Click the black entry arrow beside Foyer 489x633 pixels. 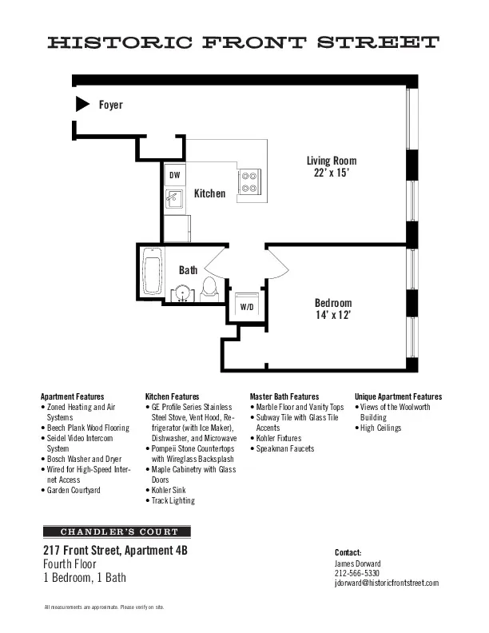click(81, 104)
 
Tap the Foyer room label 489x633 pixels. click(110, 105)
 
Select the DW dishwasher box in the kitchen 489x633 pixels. click(175, 175)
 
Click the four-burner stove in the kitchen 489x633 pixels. click(250, 181)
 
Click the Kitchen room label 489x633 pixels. click(209, 193)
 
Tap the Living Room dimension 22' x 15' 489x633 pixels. click(332, 172)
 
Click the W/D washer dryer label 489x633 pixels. click(247, 307)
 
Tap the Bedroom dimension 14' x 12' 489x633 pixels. click(332, 315)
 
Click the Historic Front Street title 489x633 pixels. click(244, 42)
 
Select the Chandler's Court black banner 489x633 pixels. click(117, 531)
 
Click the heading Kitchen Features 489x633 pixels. click(173, 396)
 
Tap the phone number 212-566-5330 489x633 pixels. click(357, 573)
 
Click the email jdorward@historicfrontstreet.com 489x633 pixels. click(387, 583)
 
